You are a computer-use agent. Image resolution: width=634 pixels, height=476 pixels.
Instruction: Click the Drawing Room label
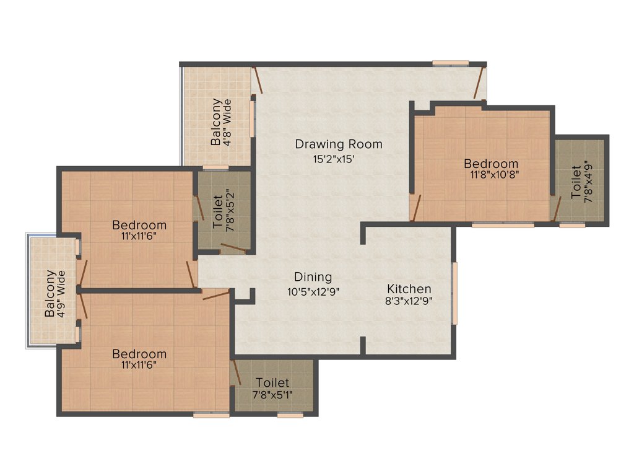[x=338, y=144]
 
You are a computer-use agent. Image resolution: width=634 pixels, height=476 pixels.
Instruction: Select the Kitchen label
[x=409, y=289]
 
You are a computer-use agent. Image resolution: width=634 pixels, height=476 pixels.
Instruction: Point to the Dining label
[x=313, y=277]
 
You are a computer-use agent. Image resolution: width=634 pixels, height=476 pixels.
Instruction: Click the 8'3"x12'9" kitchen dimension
[x=409, y=302]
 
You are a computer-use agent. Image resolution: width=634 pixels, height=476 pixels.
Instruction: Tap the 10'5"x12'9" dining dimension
[x=313, y=291]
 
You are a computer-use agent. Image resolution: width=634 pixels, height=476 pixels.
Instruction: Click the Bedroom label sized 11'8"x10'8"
[x=491, y=164]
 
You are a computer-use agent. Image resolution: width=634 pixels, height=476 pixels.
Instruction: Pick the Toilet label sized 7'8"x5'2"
[x=218, y=213]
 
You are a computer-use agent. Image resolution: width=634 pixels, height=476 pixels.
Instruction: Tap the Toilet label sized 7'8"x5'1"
[x=272, y=383]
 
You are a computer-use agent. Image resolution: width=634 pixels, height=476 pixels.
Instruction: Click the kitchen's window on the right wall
[x=454, y=293]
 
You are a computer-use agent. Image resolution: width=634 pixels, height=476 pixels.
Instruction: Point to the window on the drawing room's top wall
[x=450, y=63]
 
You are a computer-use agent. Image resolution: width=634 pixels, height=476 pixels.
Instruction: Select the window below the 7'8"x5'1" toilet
[x=290, y=415]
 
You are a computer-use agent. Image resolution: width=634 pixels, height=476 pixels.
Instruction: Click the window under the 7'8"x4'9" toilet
[x=572, y=226]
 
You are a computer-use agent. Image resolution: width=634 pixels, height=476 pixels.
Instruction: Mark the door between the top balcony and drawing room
[x=258, y=80]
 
